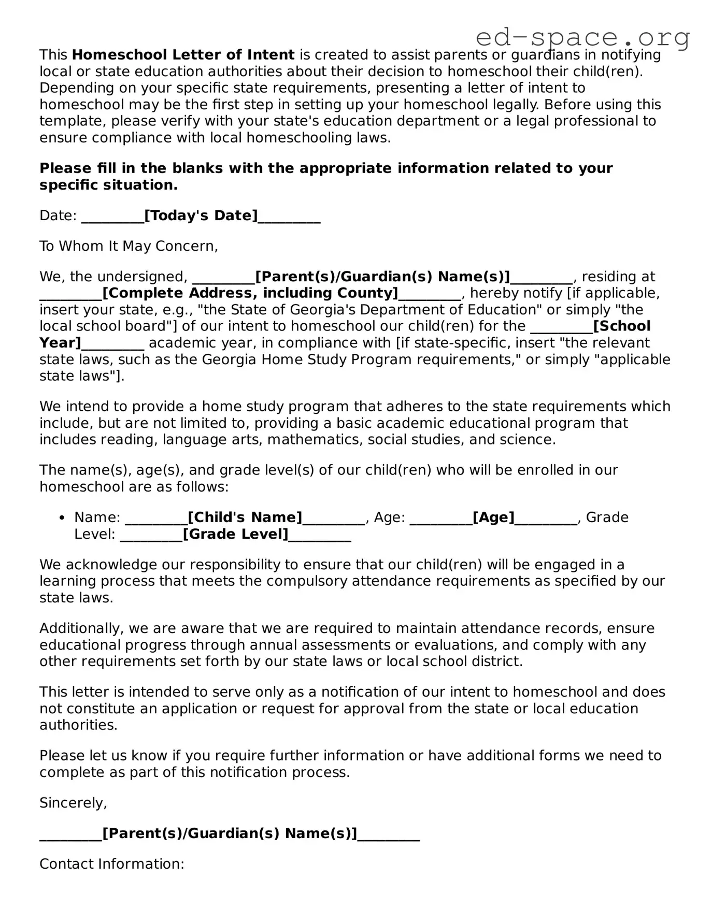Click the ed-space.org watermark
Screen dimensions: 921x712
click(582, 37)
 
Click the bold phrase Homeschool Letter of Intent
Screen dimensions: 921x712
click(183, 55)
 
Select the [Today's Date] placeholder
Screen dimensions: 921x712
click(201, 215)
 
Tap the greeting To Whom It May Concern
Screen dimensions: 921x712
click(129, 246)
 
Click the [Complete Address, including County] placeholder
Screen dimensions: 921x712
click(250, 293)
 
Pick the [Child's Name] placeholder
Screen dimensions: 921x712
click(245, 517)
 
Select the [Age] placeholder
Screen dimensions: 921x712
click(493, 517)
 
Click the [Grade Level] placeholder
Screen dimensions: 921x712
click(236, 534)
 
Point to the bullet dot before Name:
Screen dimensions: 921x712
click(62, 518)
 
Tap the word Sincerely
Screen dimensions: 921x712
click(73, 803)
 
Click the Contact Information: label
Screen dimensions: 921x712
click(112, 864)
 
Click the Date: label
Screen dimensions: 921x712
click(58, 215)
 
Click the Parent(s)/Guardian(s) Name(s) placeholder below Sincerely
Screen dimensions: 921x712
click(230, 833)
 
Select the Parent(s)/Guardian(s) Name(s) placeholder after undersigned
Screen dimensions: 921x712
click(382, 277)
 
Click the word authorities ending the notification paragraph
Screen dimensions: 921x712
click(78, 725)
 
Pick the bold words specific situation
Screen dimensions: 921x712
click(108, 185)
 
